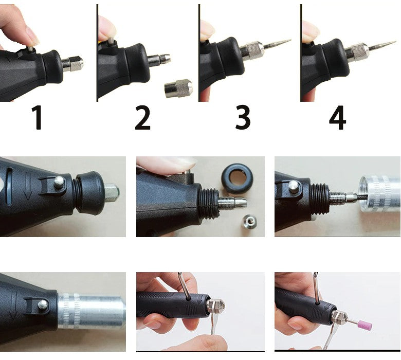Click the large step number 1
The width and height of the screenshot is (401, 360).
[x=37, y=118]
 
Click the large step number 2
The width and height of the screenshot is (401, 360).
[x=142, y=118]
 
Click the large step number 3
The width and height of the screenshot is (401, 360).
[x=243, y=118]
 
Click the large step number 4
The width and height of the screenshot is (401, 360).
[x=337, y=118]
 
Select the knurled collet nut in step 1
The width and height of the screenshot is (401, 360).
[x=72, y=63]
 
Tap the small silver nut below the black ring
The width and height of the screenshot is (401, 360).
[x=248, y=221]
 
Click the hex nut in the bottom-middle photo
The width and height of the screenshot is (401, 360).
[x=216, y=307]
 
